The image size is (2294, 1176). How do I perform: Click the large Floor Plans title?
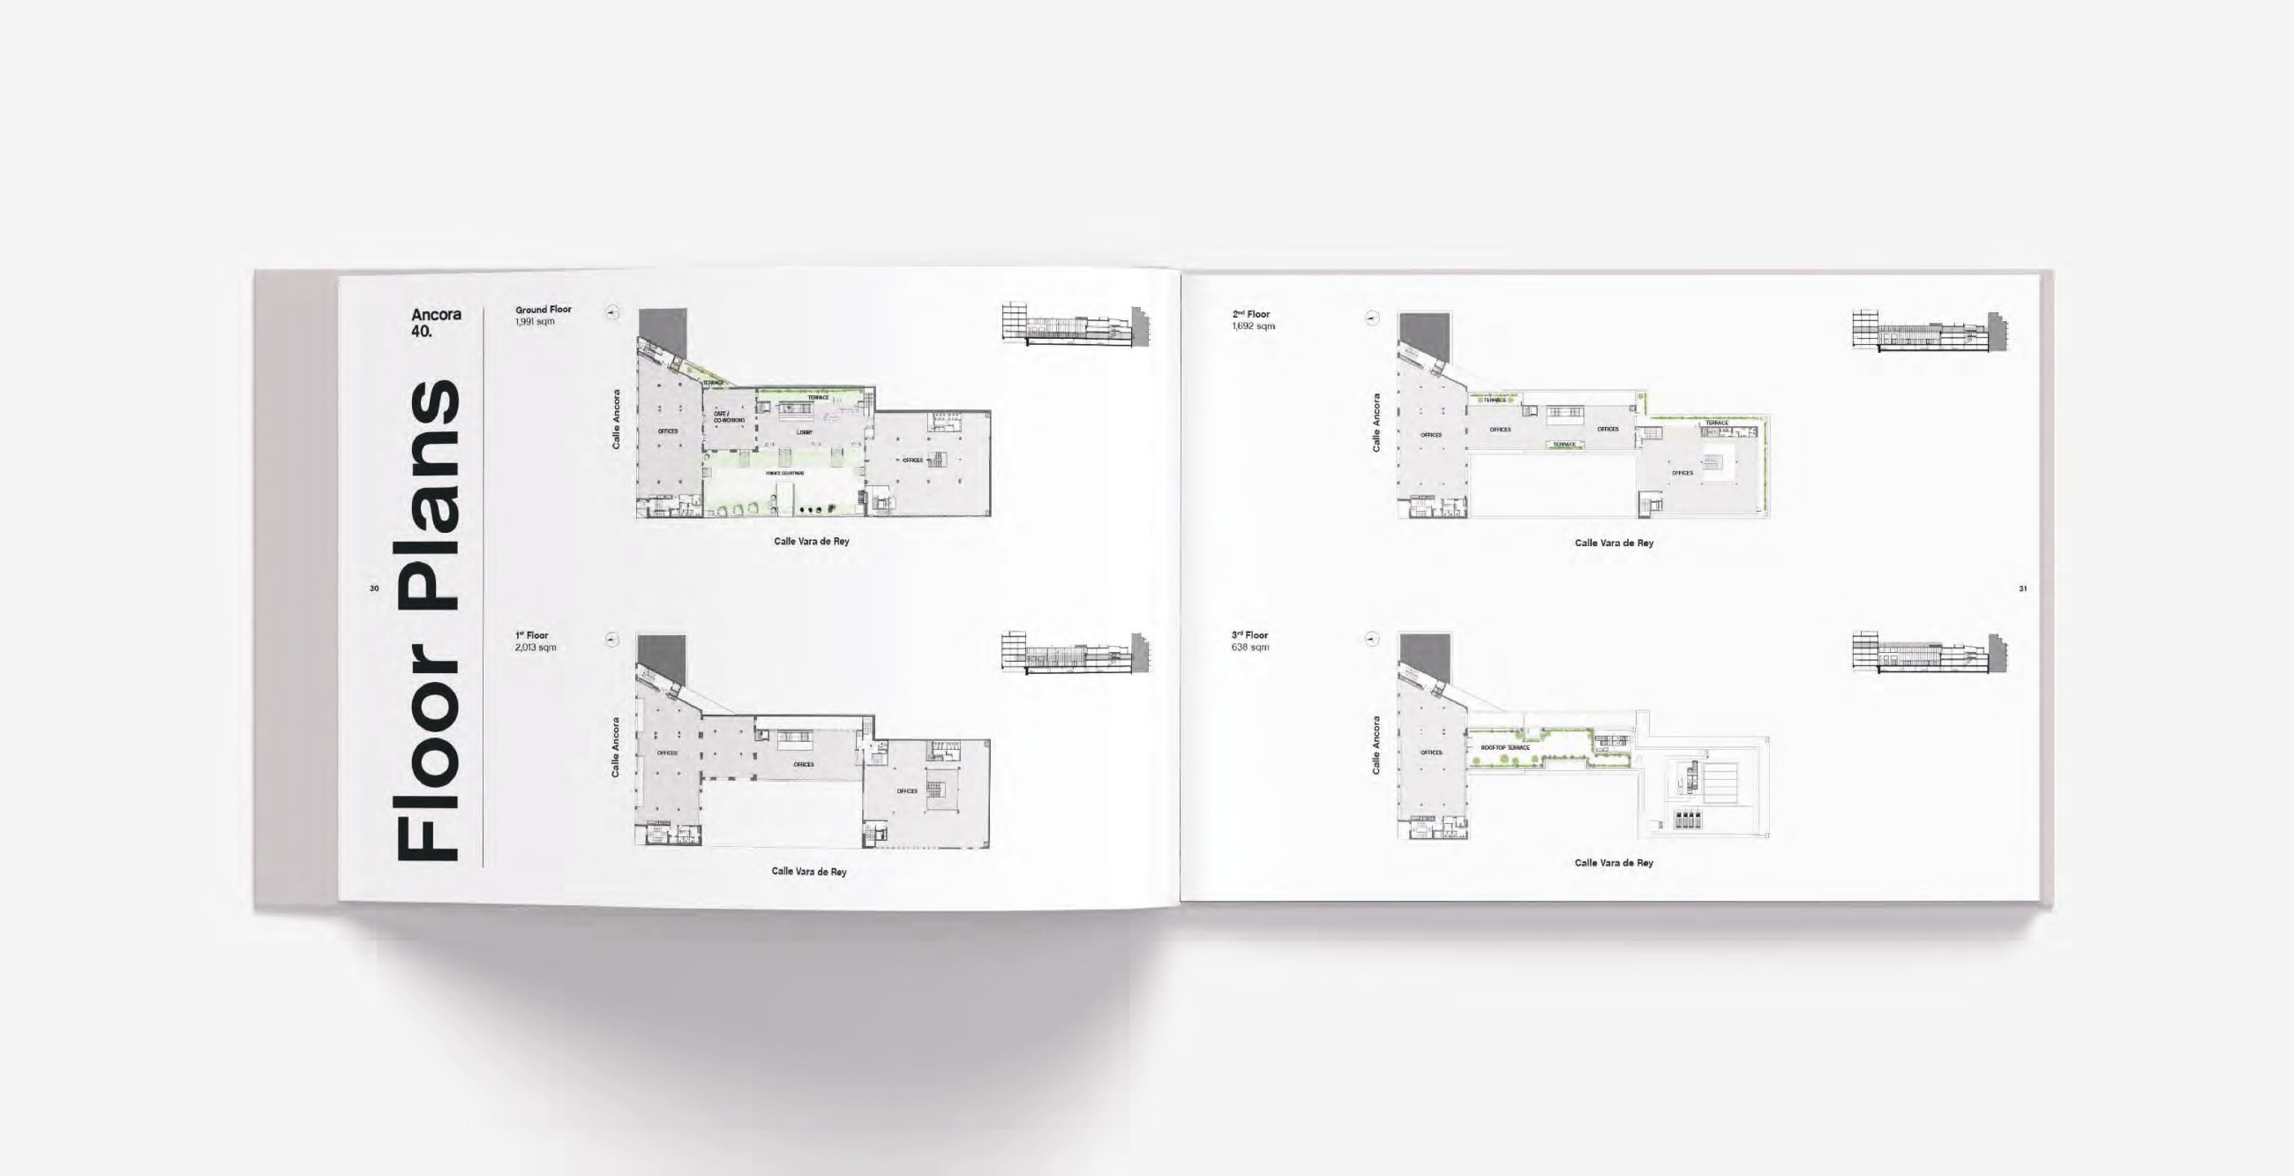pyautogui.click(x=428, y=620)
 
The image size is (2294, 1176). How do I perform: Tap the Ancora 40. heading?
pyautogui.click(x=436, y=322)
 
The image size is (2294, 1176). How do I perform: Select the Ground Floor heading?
pyautogui.click(x=544, y=310)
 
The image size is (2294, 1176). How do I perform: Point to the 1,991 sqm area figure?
pyautogui.click(x=535, y=321)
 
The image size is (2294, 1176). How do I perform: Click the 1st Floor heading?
pyautogui.click(x=532, y=635)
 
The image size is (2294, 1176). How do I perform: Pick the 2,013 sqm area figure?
pyautogui.click(x=536, y=648)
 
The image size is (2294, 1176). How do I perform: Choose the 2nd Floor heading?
pyautogui.click(x=1251, y=314)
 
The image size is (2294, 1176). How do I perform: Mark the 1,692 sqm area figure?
pyautogui.click(x=1253, y=326)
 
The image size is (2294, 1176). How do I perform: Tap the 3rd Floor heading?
pyautogui.click(x=1249, y=635)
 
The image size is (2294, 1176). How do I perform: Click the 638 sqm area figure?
pyautogui.click(x=1249, y=648)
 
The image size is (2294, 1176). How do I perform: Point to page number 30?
pyautogui.click(x=374, y=588)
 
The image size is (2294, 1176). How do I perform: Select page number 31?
pyautogui.click(x=2022, y=588)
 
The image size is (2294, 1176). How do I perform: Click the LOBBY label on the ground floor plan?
pyautogui.click(x=804, y=432)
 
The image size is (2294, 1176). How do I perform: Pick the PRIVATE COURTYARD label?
pyautogui.click(x=784, y=474)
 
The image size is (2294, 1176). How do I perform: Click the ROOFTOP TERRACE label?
pyautogui.click(x=1505, y=748)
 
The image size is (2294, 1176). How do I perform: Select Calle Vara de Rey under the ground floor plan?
pyautogui.click(x=811, y=542)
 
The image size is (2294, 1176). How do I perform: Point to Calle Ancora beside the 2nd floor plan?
pyautogui.click(x=1376, y=422)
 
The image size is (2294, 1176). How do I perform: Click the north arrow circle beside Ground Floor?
pyautogui.click(x=611, y=313)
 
